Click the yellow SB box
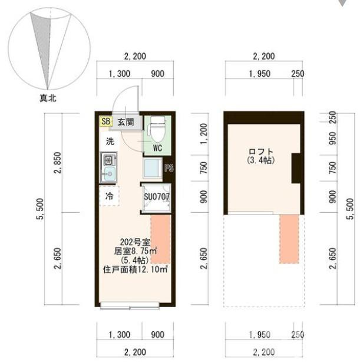pos(105,121)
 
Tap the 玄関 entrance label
pos(126,121)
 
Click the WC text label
pos(158,148)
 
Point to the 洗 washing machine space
pos(110,141)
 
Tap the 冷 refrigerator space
pos(110,196)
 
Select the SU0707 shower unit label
pos(157,197)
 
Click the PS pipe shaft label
pos(169,168)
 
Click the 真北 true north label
pos(48,98)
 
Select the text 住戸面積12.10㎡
pos(135,269)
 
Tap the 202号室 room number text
pos(135,242)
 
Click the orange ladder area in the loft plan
pos(289,239)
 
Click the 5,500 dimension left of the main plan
pos(40,209)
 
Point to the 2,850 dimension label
pos(58,163)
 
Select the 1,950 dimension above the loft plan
pos(260,74)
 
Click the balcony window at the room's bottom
pos(130,305)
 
